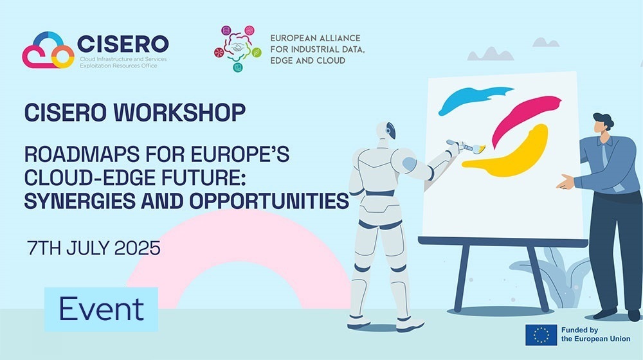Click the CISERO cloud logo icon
click(x=48, y=50)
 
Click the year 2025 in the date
click(x=137, y=248)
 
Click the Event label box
click(x=102, y=309)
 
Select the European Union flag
click(x=541, y=335)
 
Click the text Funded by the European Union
click(x=595, y=334)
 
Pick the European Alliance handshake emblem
click(x=237, y=48)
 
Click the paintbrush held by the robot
click(x=466, y=146)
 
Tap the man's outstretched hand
click(x=565, y=182)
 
